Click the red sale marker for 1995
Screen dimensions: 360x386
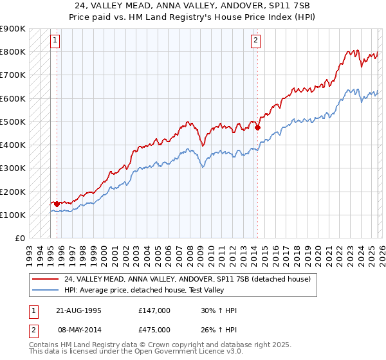tap(57, 204)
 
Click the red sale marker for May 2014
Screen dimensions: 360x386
tap(257, 127)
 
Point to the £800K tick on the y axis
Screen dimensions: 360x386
tap(12, 52)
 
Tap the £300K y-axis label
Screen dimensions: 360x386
tap(12, 168)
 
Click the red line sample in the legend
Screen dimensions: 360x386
tap(44, 279)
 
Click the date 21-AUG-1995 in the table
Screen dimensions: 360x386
tap(78, 310)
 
